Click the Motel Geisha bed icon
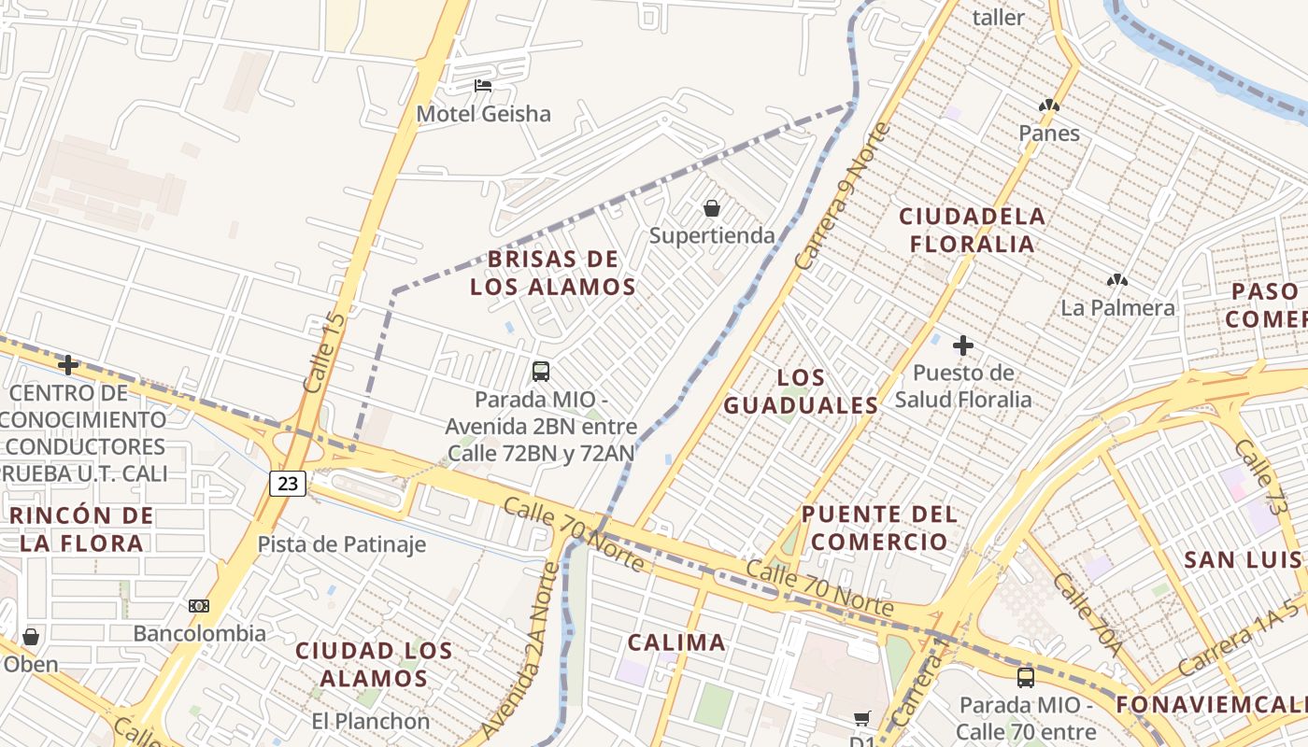(x=483, y=86)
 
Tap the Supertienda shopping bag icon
(x=712, y=208)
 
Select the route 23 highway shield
(x=288, y=483)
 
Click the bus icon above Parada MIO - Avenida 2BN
(x=540, y=371)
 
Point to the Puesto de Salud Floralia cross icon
(x=963, y=345)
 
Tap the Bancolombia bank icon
(x=198, y=606)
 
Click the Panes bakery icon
(x=1048, y=106)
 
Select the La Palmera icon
(x=1116, y=280)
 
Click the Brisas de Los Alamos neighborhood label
(x=553, y=273)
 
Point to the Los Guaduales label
(x=802, y=391)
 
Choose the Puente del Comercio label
(x=879, y=528)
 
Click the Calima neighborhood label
(x=676, y=642)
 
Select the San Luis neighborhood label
(x=1243, y=559)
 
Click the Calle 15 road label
(x=324, y=353)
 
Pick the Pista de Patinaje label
(x=341, y=544)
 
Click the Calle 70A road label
(x=1086, y=612)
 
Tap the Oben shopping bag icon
(x=31, y=637)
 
